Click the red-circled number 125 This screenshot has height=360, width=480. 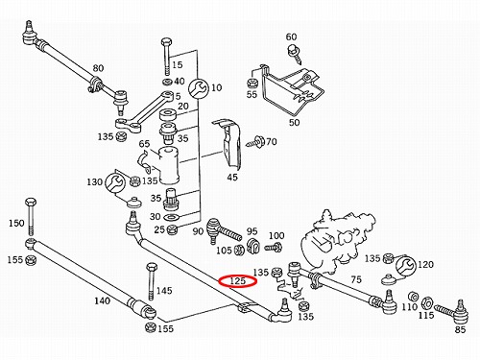click(237, 281)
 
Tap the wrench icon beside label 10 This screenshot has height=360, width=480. click(199, 88)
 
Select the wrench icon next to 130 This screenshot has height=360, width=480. click(114, 183)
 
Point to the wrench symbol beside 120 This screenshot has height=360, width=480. click(406, 265)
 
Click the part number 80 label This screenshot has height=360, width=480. click(98, 68)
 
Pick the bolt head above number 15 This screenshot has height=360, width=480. click(166, 42)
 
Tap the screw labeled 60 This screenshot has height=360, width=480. click(295, 55)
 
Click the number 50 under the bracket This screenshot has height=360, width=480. click(294, 122)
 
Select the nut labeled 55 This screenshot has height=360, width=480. click(252, 84)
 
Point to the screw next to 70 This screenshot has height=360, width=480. click(255, 142)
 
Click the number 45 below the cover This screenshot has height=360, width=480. click(232, 177)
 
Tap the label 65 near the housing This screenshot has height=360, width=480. click(144, 144)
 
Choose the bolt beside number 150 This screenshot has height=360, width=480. click(31, 217)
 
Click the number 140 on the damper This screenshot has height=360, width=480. click(102, 300)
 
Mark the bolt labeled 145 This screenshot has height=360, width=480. click(152, 281)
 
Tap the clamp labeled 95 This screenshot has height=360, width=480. click(252, 246)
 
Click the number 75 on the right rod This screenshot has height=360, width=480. click(356, 279)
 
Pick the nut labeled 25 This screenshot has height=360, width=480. click(173, 229)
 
